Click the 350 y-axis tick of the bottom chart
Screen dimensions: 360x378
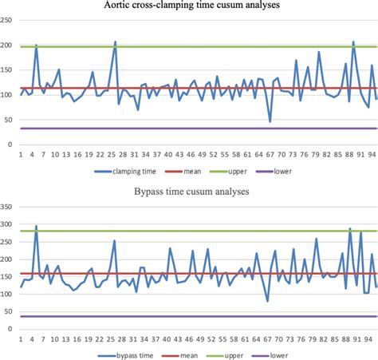click(7, 207)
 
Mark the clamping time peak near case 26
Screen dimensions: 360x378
click(115, 42)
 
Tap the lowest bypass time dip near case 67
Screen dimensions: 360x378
click(267, 301)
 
